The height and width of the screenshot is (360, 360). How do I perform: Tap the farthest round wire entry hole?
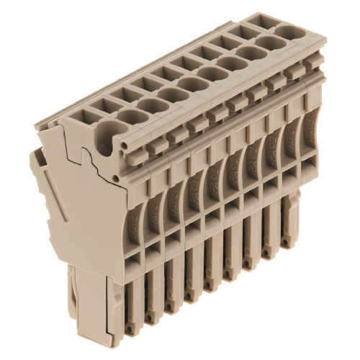(289, 32)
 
